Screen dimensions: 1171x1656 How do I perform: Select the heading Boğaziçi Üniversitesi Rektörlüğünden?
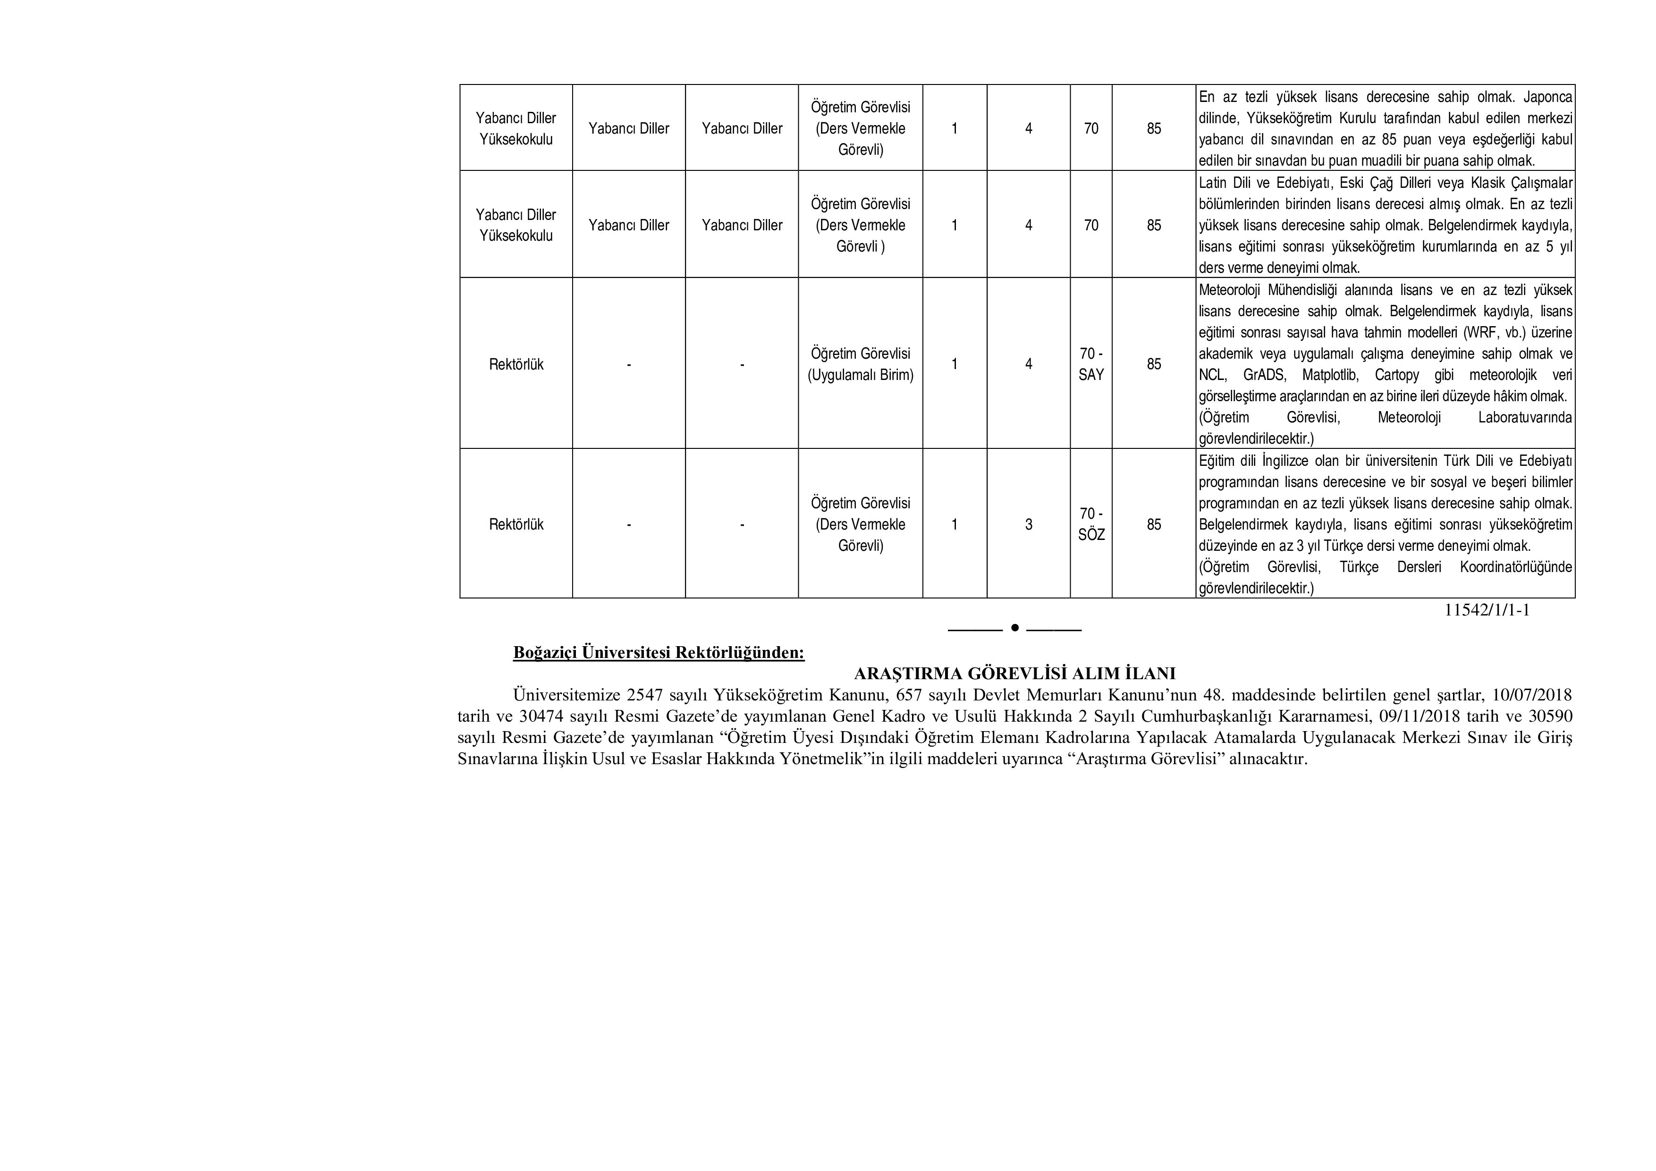pyautogui.click(x=659, y=653)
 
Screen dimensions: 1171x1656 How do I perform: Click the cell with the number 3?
pyautogui.click(x=1029, y=525)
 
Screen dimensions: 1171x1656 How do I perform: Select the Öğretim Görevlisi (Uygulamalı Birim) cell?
pyautogui.click(x=861, y=364)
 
